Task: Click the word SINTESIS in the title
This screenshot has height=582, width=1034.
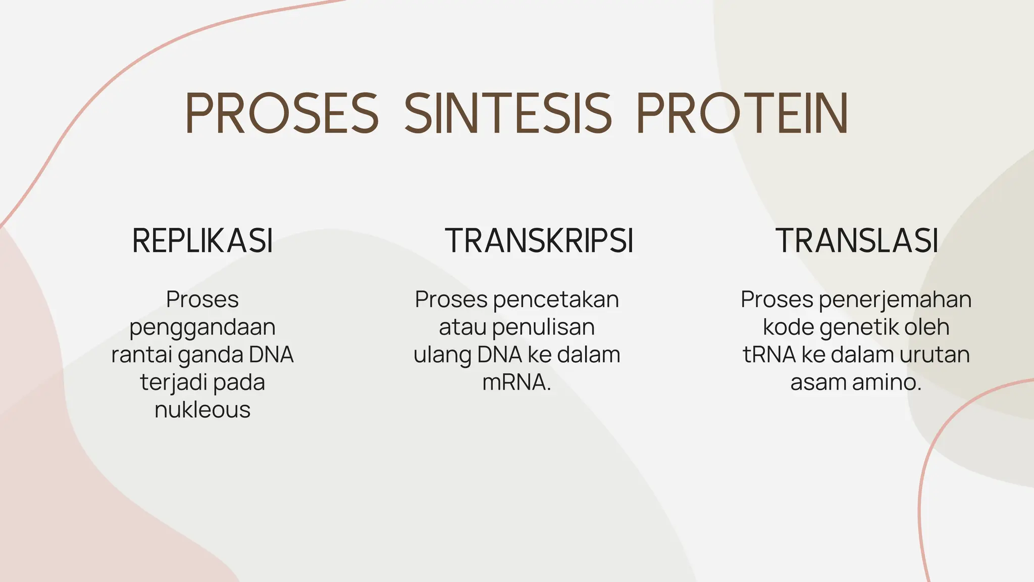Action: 507,114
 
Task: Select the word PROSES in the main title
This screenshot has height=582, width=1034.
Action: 282,114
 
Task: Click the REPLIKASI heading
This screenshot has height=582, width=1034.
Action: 202,241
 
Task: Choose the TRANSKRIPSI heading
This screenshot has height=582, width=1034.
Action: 539,241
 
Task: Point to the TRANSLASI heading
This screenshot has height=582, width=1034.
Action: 857,241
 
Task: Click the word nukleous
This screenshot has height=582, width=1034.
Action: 202,409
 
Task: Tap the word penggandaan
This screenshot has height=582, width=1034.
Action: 202,327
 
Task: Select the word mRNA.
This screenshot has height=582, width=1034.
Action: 515,382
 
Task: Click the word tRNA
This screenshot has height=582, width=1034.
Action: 769,354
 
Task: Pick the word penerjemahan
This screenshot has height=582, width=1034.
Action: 895,300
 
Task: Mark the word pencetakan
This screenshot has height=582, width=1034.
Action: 556,300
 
